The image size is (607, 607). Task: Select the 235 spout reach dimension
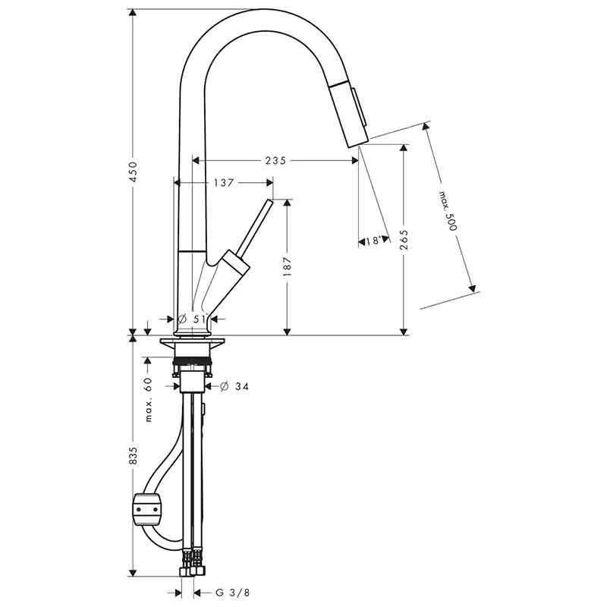click(x=275, y=160)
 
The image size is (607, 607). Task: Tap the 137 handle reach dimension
click(x=222, y=182)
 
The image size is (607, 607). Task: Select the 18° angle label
click(x=373, y=241)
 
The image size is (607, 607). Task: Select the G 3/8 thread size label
click(x=228, y=592)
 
